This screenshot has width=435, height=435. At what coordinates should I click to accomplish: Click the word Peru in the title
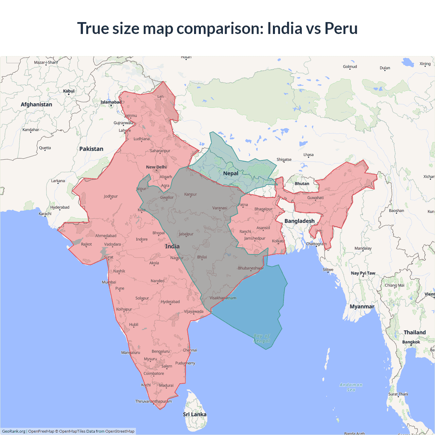(341, 28)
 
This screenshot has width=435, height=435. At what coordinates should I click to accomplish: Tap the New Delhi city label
(156, 167)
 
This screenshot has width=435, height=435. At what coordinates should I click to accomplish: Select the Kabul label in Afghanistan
(69, 91)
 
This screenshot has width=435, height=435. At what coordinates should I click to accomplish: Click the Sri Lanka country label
(194, 414)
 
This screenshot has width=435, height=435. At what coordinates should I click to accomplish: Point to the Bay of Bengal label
(261, 338)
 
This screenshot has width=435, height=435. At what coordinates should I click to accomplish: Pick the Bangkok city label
(411, 342)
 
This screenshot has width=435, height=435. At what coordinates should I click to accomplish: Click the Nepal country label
(230, 173)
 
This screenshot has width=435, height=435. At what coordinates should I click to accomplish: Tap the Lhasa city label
(308, 155)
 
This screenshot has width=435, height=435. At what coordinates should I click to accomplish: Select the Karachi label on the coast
(45, 214)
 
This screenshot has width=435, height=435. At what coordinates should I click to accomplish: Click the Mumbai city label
(109, 282)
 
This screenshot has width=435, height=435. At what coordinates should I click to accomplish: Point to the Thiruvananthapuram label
(153, 401)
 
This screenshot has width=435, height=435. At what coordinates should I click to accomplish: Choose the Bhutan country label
(302, 184)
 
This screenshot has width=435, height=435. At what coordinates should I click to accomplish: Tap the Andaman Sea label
(351, 387)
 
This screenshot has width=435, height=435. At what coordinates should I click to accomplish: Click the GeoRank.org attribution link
(14, 431)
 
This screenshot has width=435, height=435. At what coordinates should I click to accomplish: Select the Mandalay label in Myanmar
(363, 248)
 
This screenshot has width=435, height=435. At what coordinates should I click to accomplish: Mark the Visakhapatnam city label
(223, 298)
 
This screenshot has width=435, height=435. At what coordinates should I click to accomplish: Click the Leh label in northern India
(160, 97)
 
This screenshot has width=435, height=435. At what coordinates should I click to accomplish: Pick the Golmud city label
(350, 67)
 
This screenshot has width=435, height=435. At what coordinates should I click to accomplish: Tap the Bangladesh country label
(299, 221)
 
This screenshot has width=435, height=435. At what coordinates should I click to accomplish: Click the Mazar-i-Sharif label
(46, 63)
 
